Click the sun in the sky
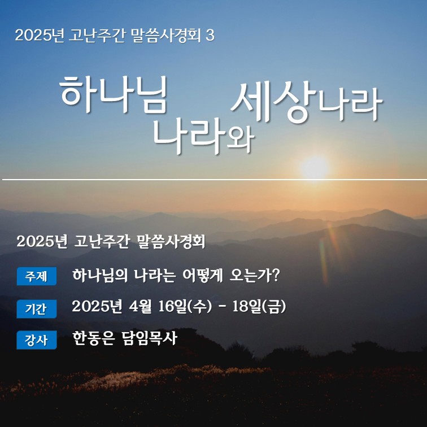pyautogui.click(x=315, y=168)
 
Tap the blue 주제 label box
pyautogui.click(x=37, y=276)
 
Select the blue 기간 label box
pyautogui.click(x=37, y=309)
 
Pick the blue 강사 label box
pyautogui.click(x=37, y=340)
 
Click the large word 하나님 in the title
pyautogui.click(x=114, y=94)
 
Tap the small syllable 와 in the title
pyautogui.click(x=241, y=140)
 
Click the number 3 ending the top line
pyautogui.click(x=210, y=36)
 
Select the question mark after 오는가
pyautogui.click(x=276, y=275)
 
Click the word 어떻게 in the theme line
pyautogui.click(x=202, y=276)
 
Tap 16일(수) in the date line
pyautogui.click(x=185, y=307)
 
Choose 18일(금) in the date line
pyautogui.click(x=259, y=307)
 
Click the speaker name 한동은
pyautogui.click(x=93, y=338)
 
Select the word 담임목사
pyautogui.click(x=150, y=338)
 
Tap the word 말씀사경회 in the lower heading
pyautogui.click(x=171, y=241)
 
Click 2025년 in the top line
pyautogui.click(x=40, y=36)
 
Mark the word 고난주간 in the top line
pyautogui.click(x=97, y=36)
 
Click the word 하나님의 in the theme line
pyautogui.click(x=100, y=276)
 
